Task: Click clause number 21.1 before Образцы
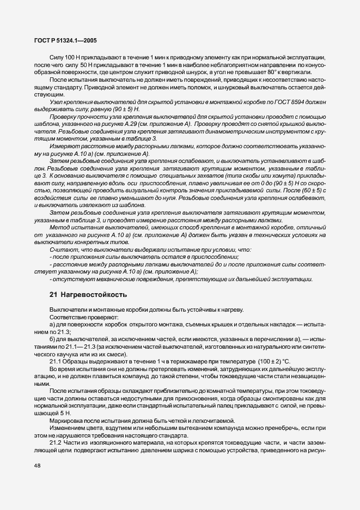tap(56, 362)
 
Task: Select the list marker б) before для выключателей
tap(52, 338)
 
